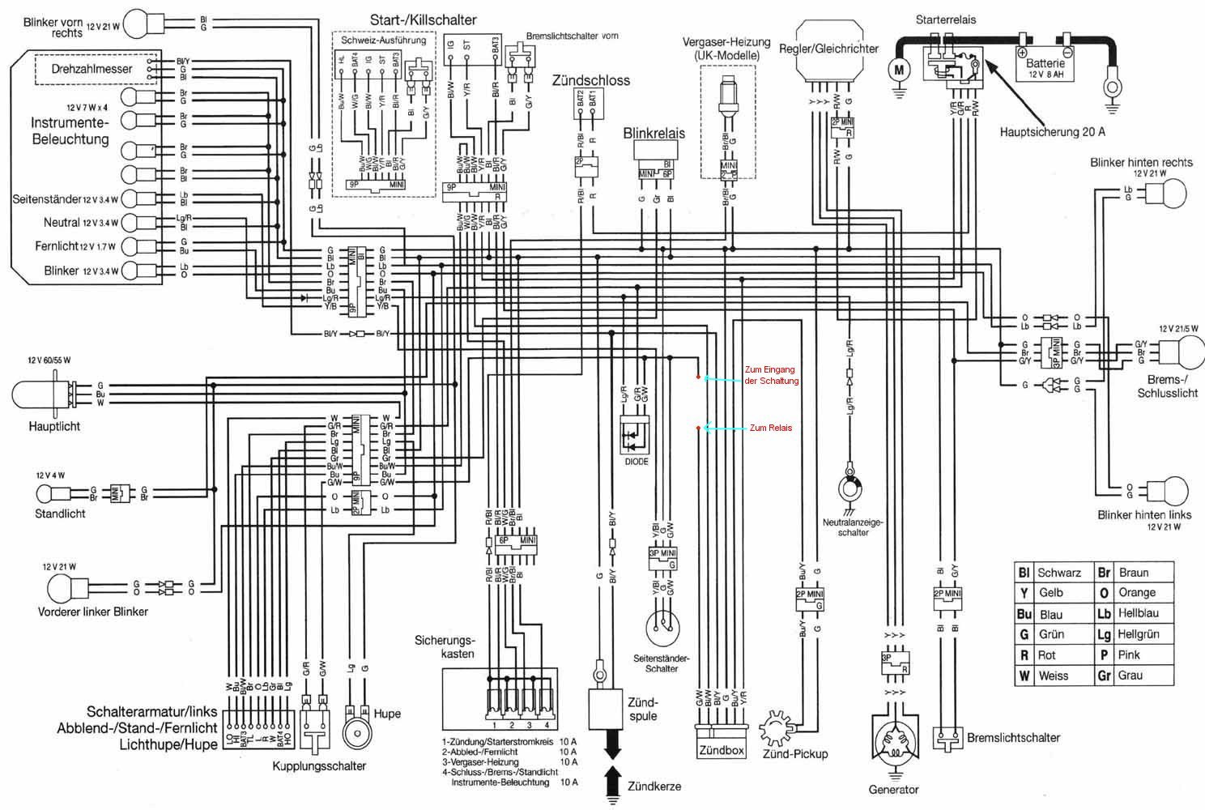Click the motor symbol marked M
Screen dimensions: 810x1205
tap(897, 70)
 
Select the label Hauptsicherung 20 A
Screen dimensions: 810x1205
tap(1052, 131)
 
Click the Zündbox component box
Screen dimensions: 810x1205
tap(720, 750)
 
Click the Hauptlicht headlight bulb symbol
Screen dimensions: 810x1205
tap(43, 394)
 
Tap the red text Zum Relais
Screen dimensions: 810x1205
tap(771, 428)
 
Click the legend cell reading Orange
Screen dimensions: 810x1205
tap(1136, 593)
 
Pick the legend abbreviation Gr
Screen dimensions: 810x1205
tap(1104, 676)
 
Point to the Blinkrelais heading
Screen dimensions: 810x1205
tap(654, 133)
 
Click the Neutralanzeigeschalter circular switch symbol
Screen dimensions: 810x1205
tap(850, 488)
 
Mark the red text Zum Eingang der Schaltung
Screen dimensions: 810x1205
tap(771, 376)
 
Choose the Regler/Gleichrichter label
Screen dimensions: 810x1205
tap(828, 49)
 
